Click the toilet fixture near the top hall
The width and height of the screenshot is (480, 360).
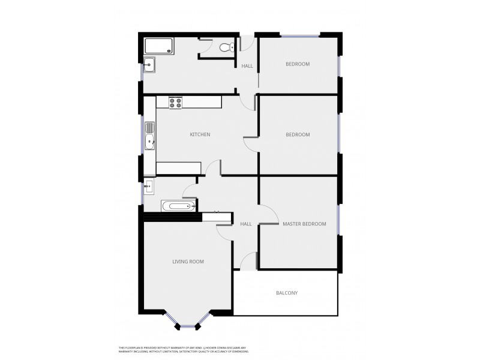coord(226,47)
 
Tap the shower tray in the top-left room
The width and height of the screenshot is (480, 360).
coord(159,46)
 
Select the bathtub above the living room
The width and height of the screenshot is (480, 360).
coord(179,206)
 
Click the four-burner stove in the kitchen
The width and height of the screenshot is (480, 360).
coord(175,103)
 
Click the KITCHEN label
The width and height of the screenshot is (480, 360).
coord(200,134)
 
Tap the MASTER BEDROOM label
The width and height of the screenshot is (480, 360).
coord(304,224)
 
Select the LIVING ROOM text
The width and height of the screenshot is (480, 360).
coord(188,262)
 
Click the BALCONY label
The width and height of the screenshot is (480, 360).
coord(287,293)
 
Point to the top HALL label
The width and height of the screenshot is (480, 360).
coord(247,66)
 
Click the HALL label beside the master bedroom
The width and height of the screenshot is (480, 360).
coord(246,224)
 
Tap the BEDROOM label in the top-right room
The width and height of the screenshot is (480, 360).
coord(298,64)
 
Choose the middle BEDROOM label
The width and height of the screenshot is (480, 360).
coord(298,134)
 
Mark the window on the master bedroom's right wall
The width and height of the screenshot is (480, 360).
coord(338,220)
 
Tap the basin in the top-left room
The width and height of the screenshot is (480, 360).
coord(149,64)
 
